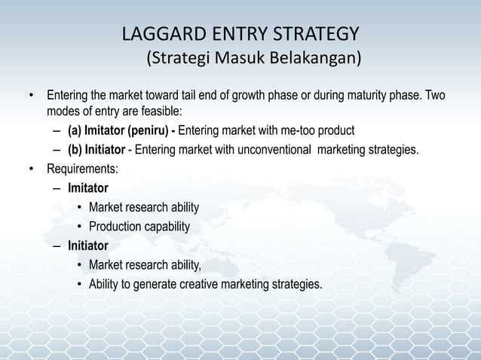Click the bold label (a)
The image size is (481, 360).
[x=75, y=127]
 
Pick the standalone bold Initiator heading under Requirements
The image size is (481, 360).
[x=87, y=246]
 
